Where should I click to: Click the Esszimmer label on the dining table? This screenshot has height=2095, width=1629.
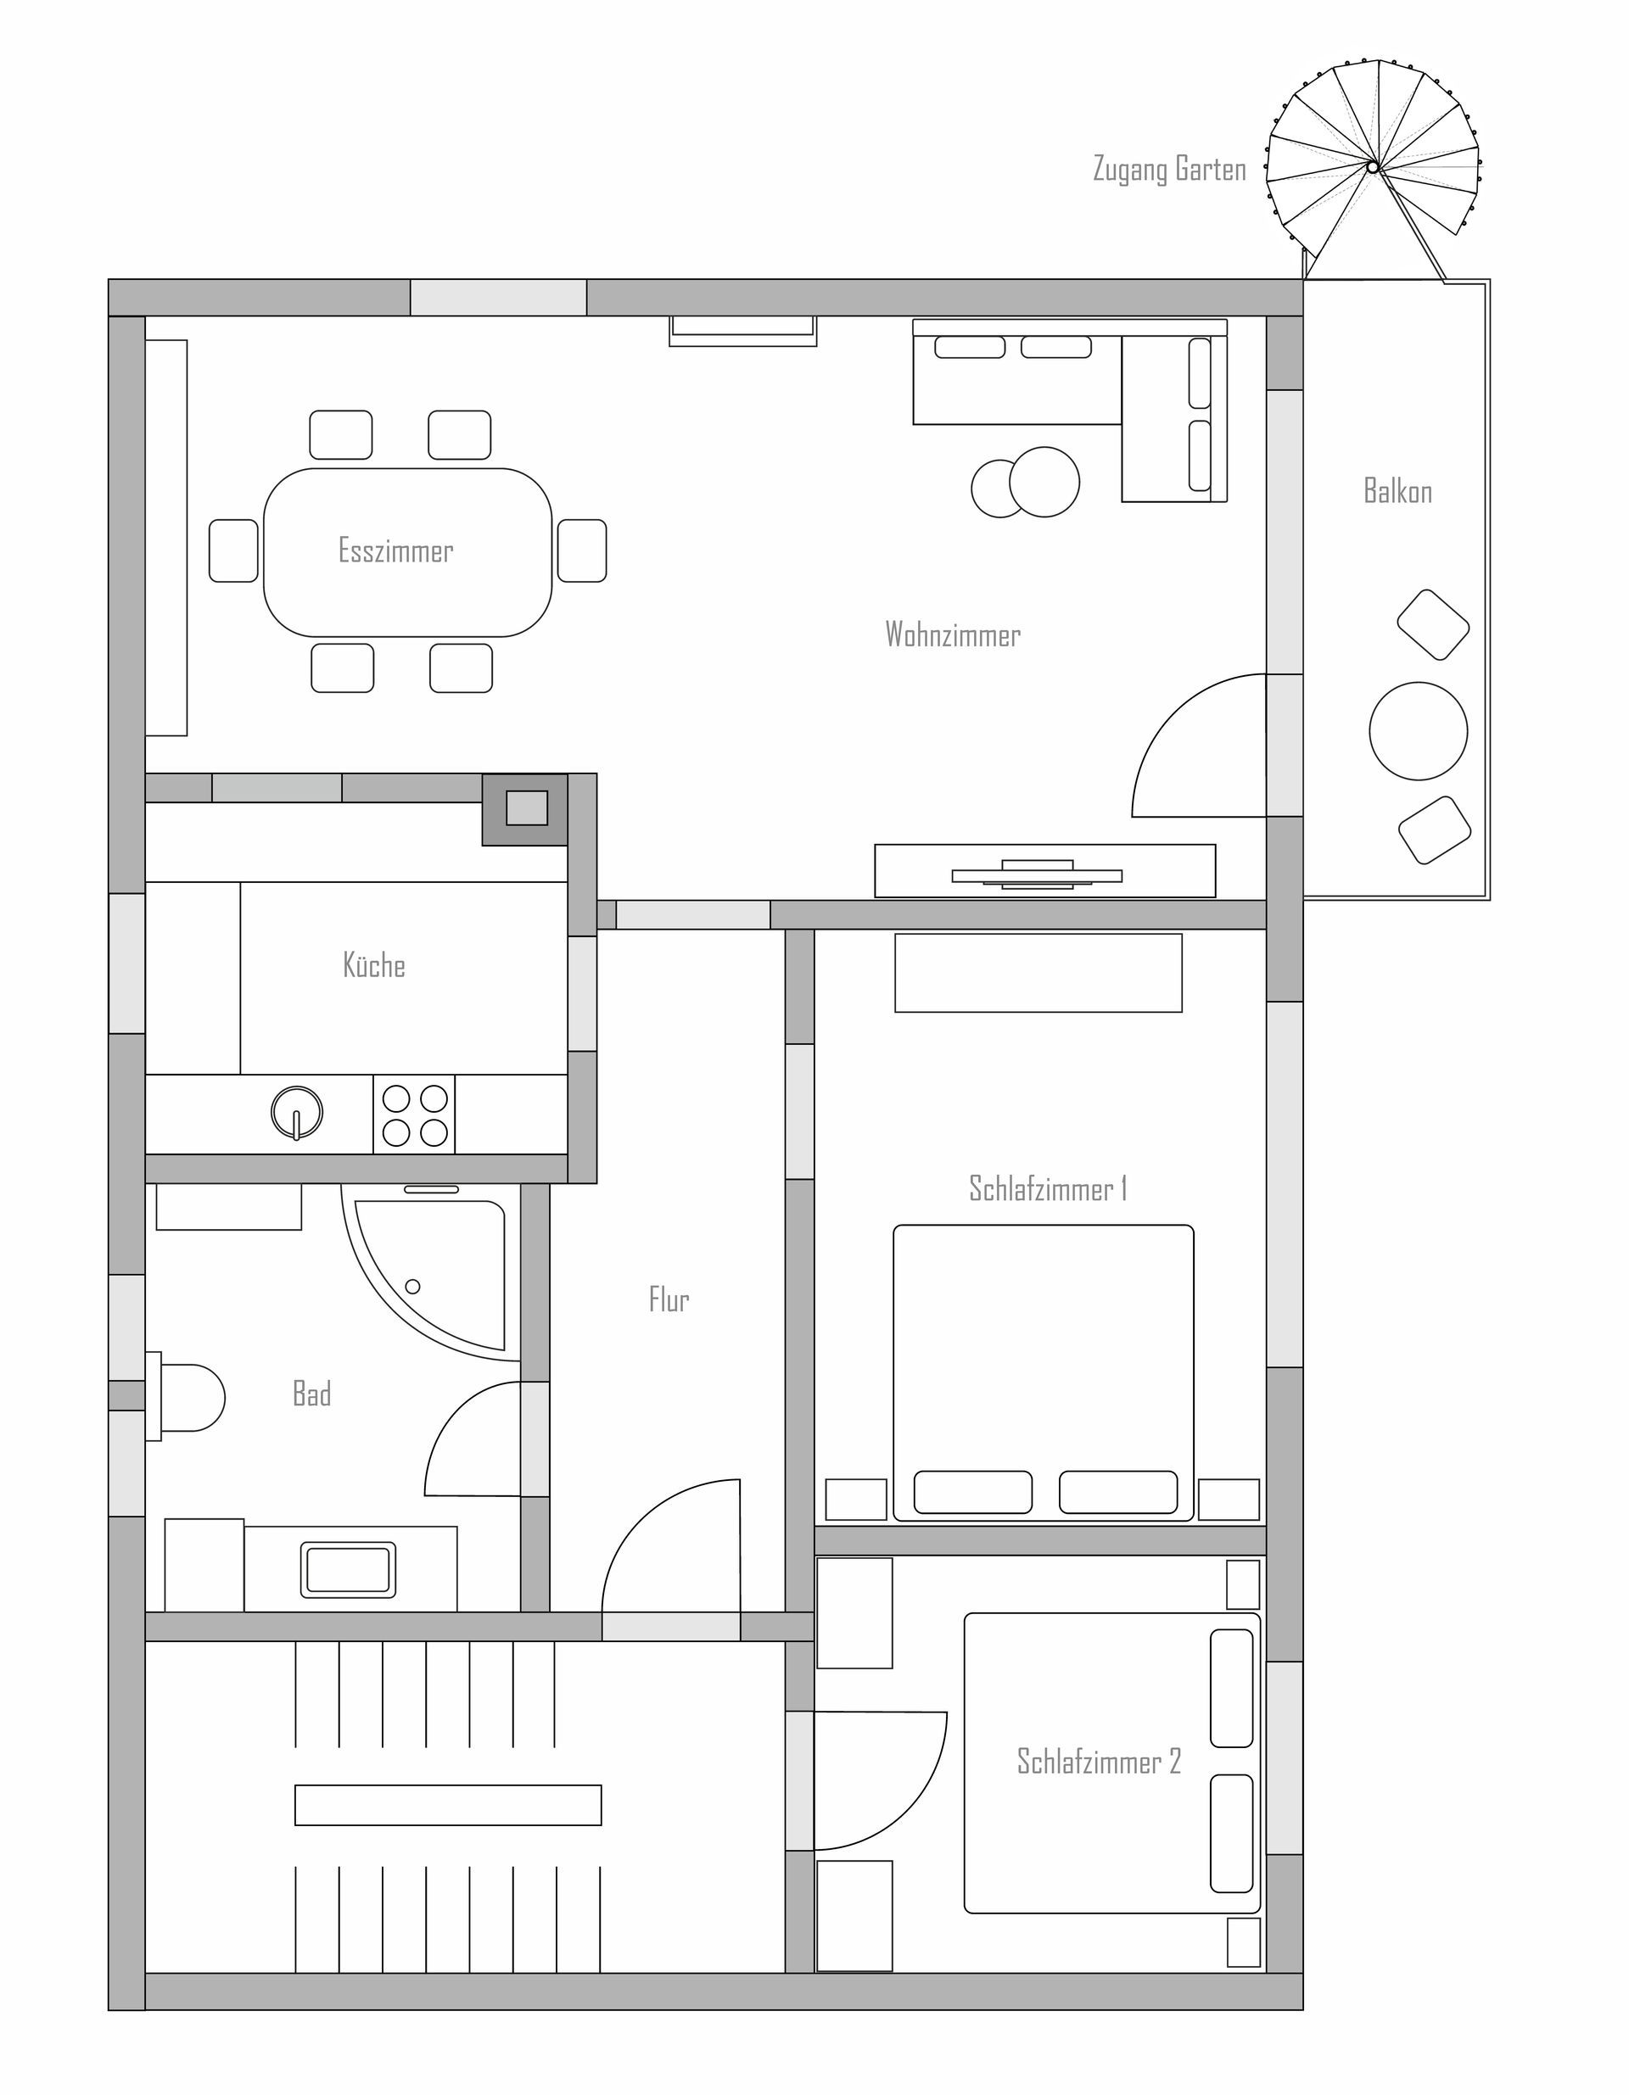[395, 550]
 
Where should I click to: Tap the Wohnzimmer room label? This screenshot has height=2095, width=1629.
[953, 634]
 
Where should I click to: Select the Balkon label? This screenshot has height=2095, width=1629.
[1397, 491]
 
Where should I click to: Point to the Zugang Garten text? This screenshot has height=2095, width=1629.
[1169, 169]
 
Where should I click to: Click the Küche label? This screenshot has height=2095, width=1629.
[374, 965]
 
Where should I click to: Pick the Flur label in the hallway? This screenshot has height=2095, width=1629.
[669, 1299]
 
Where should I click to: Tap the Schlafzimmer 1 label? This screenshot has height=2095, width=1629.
[1048, 1188]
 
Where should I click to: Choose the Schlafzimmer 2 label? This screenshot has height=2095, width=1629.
[1099, 1761]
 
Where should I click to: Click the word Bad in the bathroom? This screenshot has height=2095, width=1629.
[311, 1394]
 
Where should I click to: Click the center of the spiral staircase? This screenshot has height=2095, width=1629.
[1373, 167]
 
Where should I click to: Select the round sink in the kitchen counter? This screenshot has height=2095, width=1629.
[298, 1113]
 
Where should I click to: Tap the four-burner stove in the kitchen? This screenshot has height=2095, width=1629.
[414, 1115]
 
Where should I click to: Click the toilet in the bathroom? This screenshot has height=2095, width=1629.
[185, 1397]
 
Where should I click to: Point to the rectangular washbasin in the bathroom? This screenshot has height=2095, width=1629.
[348, 1569]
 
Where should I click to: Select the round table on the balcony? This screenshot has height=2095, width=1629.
[1418, 731]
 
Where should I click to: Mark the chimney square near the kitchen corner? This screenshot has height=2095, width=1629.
[526, 808]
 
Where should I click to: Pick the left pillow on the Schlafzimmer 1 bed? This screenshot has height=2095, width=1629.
[973, 1492]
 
